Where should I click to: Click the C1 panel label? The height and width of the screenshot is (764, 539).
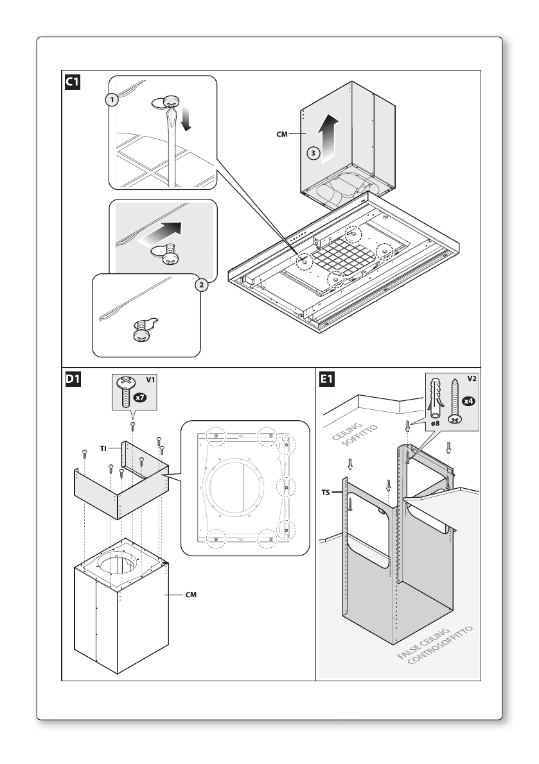click(72, 82)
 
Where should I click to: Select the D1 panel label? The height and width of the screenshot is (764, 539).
click(73, 379)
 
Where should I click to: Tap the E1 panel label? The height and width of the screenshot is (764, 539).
click(327, 379)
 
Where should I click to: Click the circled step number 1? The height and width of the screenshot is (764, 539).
click(112, 100)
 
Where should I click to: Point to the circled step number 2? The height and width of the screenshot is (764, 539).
click(202, 285)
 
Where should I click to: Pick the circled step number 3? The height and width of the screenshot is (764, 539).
click(313, 153)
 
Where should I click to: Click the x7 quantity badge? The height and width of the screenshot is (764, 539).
click(139, 398)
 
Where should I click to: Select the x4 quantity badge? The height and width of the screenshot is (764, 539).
click(468, 401)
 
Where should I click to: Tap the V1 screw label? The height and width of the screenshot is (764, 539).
click(151, 380)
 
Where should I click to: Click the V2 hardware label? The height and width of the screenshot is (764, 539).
click(472, 378)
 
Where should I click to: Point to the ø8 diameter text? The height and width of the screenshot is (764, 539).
click(435, 423)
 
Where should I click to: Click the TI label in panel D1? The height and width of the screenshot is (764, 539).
click(103, 448)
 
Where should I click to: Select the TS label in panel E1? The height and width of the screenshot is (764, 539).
click(326, 493)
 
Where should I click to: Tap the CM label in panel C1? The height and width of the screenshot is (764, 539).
click(282, 134)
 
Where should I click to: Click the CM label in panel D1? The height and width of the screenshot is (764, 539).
click(191, 595)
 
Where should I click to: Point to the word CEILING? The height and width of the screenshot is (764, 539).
click(347, 431)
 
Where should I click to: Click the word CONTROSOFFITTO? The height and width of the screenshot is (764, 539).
click(441, 645)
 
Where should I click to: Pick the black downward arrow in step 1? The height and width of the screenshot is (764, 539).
click(186, 119)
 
